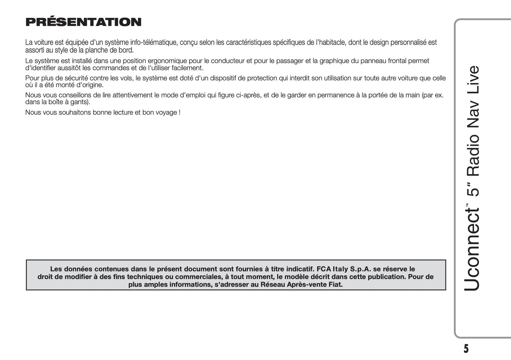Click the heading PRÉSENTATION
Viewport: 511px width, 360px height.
tap(83, 22)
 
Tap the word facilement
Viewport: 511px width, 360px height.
tap(187, 68)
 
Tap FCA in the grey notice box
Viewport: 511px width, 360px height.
tap(324, 269)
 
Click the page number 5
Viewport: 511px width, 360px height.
tap(466, 349)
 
